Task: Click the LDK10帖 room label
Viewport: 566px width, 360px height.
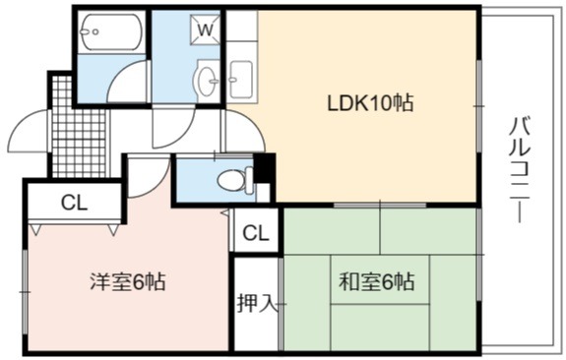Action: (x=370, y=103)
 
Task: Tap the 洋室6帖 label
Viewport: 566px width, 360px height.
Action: (x=128, y=281)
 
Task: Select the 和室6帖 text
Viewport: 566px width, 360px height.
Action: (x=376, y=281)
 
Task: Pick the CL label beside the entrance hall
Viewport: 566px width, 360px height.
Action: (x=75, y=203)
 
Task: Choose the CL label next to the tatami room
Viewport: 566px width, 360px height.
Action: (x=256, y=233)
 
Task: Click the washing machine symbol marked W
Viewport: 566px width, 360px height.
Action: (x=205, y=30)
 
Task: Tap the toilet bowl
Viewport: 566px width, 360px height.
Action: (x=235, y=180)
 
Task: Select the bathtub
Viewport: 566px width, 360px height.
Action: (x=111, y=31)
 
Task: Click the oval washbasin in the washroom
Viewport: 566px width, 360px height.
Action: (x=207, y=81)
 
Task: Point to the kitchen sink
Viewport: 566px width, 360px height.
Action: (x=241, y=80)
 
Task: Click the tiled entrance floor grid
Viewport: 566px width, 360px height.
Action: (x=79, y=126)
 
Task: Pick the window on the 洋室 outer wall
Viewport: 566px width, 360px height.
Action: (x=25, y=291)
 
